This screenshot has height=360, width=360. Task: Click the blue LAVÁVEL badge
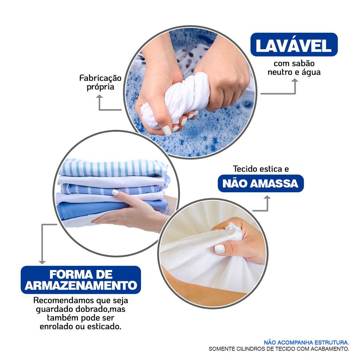294,45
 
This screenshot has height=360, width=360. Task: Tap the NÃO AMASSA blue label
261,184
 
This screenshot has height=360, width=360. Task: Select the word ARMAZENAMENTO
81,285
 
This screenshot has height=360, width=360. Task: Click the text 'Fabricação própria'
100,82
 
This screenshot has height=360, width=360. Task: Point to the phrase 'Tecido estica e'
261,169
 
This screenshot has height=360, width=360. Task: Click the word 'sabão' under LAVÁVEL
303,63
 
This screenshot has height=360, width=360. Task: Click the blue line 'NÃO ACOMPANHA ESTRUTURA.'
306,342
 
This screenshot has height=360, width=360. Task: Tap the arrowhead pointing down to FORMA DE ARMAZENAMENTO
42,262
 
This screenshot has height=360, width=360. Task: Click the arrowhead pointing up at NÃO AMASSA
267,198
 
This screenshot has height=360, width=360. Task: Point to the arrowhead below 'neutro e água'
295,81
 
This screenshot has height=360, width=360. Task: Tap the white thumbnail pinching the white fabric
219,249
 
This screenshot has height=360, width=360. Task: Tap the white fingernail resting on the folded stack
115,192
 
